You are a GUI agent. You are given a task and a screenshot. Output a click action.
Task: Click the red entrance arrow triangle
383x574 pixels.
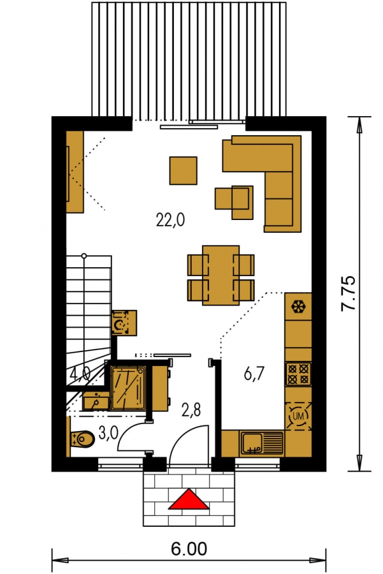click(x=189, y=500)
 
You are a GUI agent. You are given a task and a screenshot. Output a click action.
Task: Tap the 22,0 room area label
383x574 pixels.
click(x=170, y=221)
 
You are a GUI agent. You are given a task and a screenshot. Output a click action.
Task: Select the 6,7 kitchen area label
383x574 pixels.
click(x=254, y=374)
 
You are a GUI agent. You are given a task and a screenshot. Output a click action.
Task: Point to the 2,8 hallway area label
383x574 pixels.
click(x=191, y=410)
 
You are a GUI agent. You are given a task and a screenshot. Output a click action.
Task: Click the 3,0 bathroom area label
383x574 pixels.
click(x=108, y=433)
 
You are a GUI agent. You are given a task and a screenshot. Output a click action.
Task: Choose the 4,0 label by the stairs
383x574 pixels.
click(x=80, y=374)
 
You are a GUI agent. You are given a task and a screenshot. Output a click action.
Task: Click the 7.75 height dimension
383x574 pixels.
click(x=348, y=293)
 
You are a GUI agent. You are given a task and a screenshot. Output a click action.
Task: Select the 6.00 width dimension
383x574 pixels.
click(x=189, y=549)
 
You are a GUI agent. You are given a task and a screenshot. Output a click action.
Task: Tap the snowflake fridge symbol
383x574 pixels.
click(x=298, y=306)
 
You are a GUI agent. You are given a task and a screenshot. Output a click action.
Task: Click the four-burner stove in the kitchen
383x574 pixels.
click(x=298, y=374)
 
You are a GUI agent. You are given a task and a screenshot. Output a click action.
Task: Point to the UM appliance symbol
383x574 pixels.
click(x=298, y=416)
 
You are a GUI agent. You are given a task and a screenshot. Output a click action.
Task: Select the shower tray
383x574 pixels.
click(x=128, y=388)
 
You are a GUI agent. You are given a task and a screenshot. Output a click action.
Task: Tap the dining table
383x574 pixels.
click(x=220, y=276)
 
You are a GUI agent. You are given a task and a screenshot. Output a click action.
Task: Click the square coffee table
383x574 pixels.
click(x=184, y=170)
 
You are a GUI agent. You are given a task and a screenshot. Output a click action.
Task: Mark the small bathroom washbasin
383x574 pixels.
click(x=96, y=401)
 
